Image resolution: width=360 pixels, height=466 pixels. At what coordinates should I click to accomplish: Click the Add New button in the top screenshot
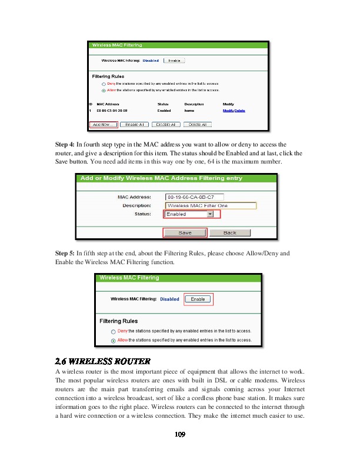point(104,125)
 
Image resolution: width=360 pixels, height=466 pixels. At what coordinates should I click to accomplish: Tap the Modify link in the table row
point(228,111)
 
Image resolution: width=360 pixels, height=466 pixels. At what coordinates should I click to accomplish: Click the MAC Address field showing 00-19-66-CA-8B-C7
point(194,197)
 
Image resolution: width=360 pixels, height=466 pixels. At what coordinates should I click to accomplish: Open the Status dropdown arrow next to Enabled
point(210,215)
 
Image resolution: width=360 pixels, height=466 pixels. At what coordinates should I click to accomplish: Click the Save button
point(185,233)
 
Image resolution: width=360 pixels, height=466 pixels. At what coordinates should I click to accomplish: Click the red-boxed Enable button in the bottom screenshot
point(198,299)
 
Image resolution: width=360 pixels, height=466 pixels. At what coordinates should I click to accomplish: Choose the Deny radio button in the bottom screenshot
point(113,332)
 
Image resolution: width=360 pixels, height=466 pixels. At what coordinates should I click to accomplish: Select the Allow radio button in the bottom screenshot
point(113,340)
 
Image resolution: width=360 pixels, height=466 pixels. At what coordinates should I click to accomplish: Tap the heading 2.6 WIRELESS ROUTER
point(102,361)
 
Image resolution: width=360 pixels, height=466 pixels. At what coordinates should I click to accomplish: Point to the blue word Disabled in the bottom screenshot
point(169,299)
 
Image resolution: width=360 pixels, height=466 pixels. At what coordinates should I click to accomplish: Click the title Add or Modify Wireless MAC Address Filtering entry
point(161,178)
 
